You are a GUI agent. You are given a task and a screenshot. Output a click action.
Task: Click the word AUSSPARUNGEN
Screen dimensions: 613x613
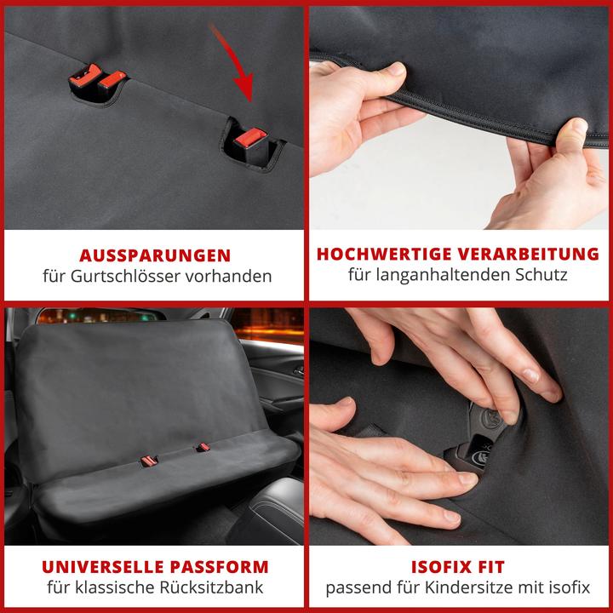[154, 255]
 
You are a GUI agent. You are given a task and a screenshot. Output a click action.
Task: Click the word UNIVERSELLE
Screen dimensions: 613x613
[95, 567]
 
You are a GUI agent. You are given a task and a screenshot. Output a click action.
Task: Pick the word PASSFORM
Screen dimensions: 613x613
[221, 567]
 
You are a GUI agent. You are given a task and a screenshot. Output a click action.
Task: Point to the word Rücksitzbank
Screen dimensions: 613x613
[214, 588]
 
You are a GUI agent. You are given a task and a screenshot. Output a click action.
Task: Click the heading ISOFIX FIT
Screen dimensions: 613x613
[457, 567]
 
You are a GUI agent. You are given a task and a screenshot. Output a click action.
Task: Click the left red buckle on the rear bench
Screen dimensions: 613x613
[149, 461]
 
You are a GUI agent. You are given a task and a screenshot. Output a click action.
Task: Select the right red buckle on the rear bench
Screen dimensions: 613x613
[203, 447]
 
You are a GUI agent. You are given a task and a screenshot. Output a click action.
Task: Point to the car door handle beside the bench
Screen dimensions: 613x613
[297, 372]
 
